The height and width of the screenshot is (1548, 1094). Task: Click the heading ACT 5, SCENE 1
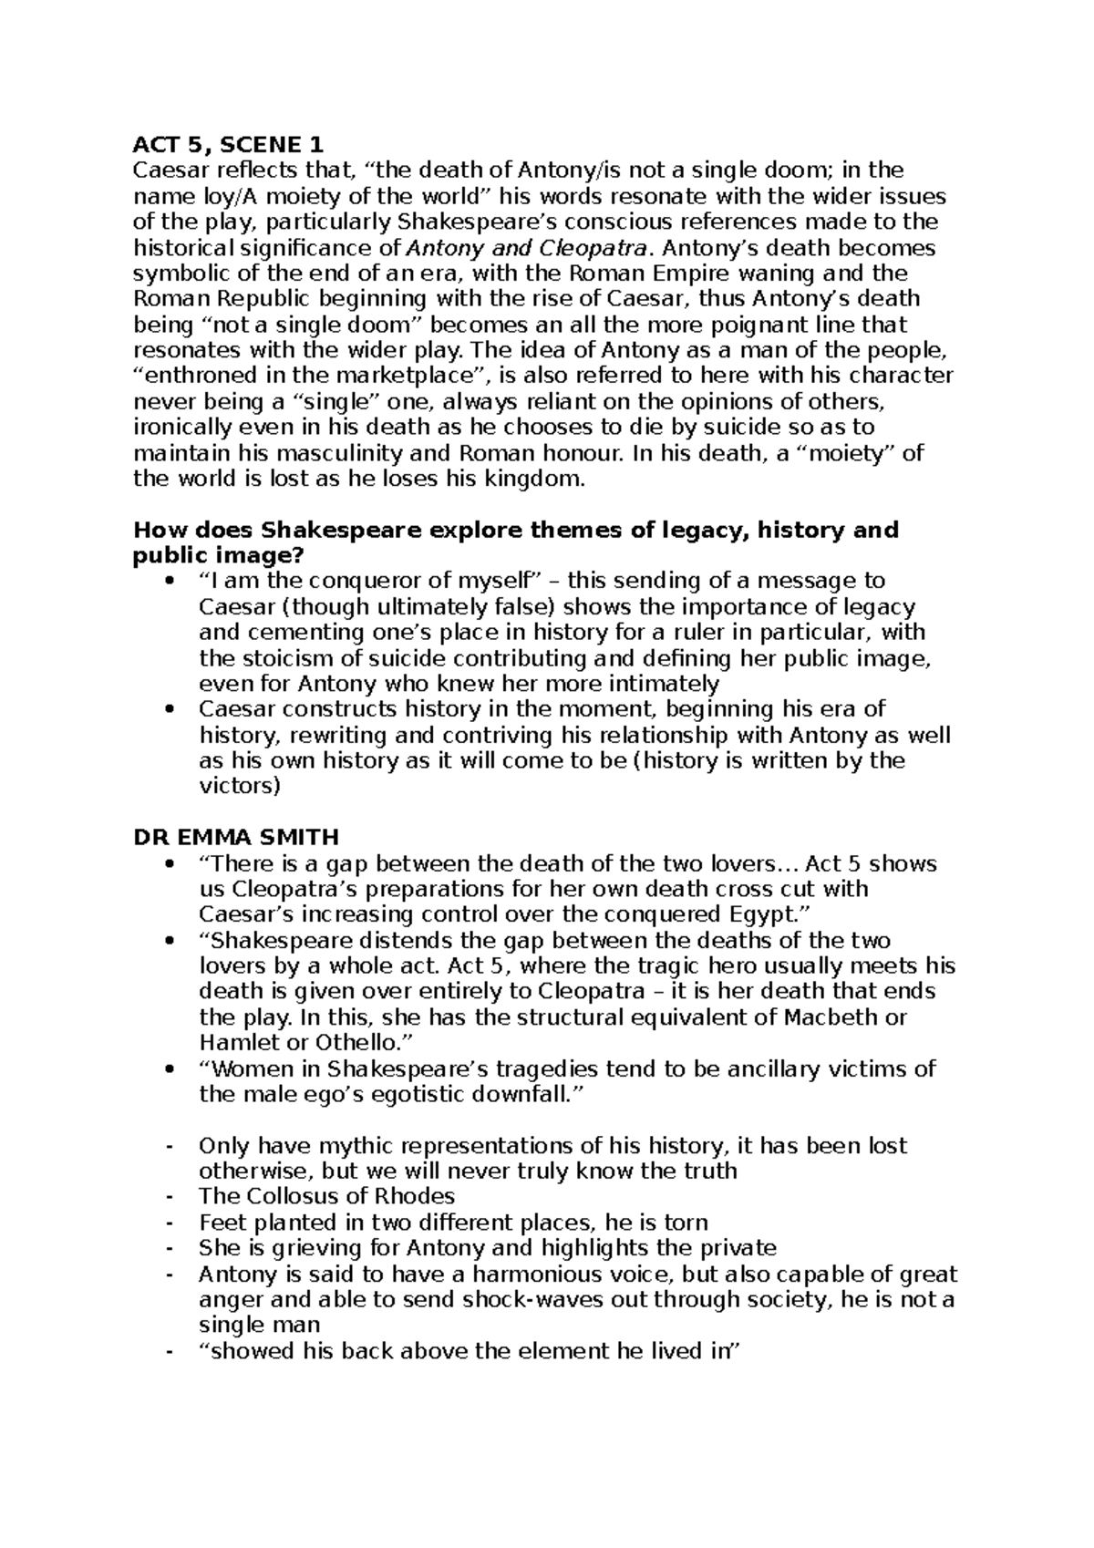228,144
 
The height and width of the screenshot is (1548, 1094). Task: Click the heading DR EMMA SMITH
236,836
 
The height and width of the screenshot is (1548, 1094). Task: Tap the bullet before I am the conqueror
168,582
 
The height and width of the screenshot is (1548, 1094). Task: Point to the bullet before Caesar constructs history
168,709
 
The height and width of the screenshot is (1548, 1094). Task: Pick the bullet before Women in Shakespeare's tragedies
168,1069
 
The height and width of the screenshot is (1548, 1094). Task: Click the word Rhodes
415,1195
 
